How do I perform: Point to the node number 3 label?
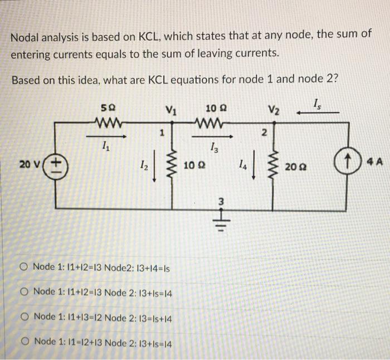[x=220, y=201]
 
